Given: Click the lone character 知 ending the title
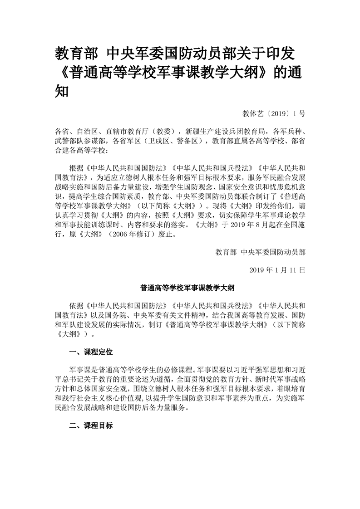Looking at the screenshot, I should point(62,91).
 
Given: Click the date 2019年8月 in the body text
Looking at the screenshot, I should point(251,226).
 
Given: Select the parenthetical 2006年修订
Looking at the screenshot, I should point(132,235).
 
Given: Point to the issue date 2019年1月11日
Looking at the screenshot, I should point(277,269).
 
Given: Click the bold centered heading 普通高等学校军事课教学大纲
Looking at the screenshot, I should point(180,287).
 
